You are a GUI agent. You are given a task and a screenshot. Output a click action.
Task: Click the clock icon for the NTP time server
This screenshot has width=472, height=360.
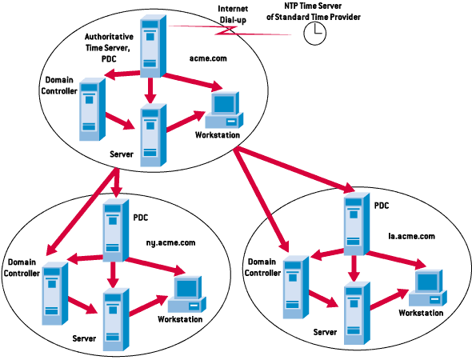click(315, 34)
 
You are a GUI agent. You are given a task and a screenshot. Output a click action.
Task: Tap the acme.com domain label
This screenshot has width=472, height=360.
click(208, 58)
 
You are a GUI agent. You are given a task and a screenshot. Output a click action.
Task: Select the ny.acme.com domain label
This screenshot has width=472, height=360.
click(170, 242)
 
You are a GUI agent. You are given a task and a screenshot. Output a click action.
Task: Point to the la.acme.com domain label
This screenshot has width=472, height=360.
click(411, 236)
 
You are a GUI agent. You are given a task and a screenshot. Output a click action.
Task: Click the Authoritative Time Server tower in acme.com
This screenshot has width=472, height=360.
click(153, 46)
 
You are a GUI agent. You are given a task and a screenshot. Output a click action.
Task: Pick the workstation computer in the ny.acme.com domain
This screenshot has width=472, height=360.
click(187, 294)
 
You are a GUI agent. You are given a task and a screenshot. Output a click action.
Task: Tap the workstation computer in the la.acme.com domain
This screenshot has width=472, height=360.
click(428, 288)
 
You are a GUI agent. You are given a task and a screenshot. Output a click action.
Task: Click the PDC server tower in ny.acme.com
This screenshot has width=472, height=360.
click(116, 230)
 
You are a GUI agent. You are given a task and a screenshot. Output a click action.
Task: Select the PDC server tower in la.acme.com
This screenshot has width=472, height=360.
click(357, 224)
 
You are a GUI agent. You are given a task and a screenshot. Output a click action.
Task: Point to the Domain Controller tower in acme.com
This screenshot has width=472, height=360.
click(92, 110)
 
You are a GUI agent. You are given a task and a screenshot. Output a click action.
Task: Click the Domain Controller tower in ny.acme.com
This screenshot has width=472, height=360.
click(54, 294)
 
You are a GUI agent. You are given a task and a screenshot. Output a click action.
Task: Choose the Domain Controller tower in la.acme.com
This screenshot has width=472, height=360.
click(296, 287)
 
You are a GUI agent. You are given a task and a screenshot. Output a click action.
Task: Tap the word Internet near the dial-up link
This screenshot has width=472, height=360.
click(233, 9)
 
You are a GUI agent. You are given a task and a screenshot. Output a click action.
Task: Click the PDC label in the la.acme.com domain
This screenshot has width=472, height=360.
click(382, 206)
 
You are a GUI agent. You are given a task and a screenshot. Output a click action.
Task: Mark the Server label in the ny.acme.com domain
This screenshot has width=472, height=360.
click(84, 338)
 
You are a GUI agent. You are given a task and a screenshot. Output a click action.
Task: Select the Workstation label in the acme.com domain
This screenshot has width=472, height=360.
click(218, 135)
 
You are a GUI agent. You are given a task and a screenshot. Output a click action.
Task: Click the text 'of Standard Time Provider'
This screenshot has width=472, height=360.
click(313, 17)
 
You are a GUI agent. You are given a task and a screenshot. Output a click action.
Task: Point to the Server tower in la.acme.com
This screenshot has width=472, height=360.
click(357, 313)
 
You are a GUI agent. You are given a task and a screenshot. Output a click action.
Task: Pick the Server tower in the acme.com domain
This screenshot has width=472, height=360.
click(154, 135)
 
